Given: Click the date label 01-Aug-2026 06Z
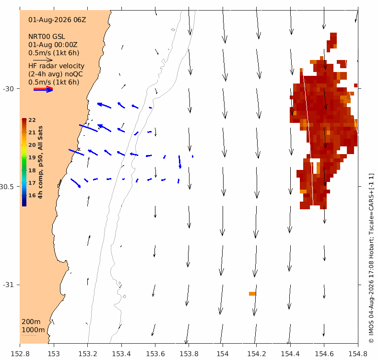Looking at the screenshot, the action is (57, 20).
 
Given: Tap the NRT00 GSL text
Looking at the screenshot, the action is (47, 36).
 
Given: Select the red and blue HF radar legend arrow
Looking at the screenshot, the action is (43, 89).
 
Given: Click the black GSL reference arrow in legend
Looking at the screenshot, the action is (43, 60).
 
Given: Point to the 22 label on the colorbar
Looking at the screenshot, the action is (32, 120).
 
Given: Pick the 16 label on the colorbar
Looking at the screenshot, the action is (32, 195).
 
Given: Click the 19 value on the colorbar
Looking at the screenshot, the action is (32, 157).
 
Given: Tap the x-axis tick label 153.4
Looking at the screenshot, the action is (121, 354).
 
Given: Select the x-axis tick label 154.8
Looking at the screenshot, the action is (358, 354).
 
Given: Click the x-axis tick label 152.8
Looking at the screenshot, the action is (20, 354).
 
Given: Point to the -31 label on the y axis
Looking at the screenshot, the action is (8, 285).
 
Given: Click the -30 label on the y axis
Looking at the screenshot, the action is (8, 89).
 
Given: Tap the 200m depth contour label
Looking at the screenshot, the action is (31, 322).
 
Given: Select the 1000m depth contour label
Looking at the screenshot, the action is (33, 330).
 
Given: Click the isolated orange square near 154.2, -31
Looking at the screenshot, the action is (252, 293).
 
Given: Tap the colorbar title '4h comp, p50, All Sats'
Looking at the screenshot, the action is (40, 162).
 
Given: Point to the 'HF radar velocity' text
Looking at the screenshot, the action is (56, 66).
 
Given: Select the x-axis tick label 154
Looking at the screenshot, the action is (223, 354).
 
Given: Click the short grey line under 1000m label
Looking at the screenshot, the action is (29, 335).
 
